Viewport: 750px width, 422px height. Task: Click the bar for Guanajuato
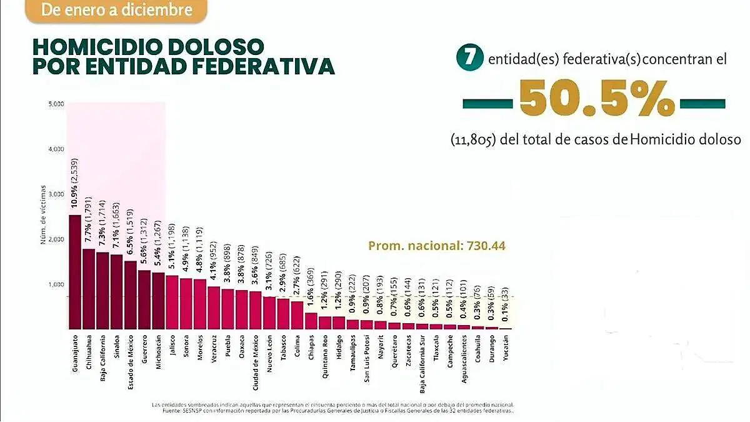pos(74,272)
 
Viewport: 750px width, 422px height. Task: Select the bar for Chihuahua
pos(89,289)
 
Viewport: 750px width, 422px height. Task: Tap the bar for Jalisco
pos(172,302)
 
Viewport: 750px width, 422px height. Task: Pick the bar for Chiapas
pos(311,321)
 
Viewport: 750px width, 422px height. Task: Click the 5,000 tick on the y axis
pos(56,104)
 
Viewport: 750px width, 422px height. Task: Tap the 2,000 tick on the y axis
pos(56,239)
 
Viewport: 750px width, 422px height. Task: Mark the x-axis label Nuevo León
pos(270,352)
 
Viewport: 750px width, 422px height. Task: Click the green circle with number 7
pos(471,59)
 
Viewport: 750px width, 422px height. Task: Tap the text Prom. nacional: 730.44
pos(436,246)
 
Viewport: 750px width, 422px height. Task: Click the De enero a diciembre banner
pos(117,10)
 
